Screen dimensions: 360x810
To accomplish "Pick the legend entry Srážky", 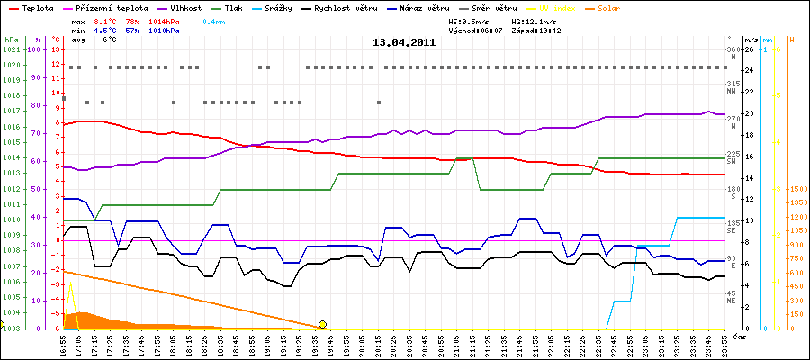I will click(290, 6).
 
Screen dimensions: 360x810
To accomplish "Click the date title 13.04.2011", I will click(404, 41).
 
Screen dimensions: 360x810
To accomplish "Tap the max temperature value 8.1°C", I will click(105, 20).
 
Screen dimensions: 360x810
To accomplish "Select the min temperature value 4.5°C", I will click(105, 30).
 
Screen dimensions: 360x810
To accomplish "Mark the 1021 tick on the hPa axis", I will click(11, 49).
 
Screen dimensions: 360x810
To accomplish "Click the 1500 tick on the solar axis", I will click(796, 190).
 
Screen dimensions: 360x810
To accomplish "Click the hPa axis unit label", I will click(11, 40).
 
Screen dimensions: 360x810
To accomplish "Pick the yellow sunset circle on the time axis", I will click(322, 324).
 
